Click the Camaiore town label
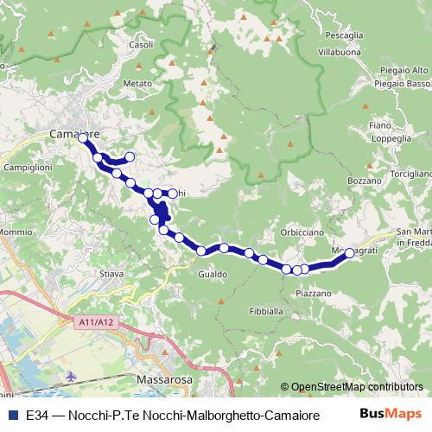[76, 135]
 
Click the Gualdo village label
[213, 274]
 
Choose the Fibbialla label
[265, 311]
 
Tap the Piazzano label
[314, 294]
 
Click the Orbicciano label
[302, 232]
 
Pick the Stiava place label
[112, 274]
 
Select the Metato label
[137, 84]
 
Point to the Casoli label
[141, 45]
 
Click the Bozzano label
[364, 181]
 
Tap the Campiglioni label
[29, 167]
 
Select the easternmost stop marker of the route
[350, 253]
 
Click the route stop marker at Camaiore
[83, 137]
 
